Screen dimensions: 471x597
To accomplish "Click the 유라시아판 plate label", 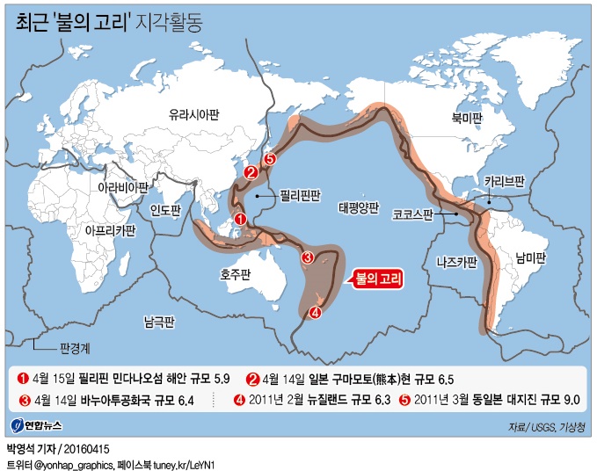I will (x=195, y=114).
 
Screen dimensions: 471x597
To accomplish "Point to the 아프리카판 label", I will (x=110, y=230).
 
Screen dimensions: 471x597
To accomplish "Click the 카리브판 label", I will (x=505, y=182).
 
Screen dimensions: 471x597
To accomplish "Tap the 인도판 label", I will (x=165, y=210).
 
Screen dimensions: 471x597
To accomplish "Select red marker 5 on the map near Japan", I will (x=271, y=159).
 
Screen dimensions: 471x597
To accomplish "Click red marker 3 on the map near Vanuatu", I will (x=308, y=257).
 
